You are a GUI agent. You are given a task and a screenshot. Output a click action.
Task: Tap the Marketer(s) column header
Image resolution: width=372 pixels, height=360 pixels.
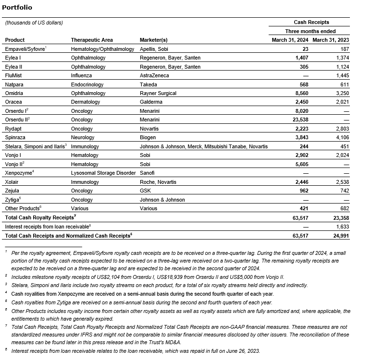[153, 40]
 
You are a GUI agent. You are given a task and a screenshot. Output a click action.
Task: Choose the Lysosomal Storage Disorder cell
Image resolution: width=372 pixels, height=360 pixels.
[103, 173]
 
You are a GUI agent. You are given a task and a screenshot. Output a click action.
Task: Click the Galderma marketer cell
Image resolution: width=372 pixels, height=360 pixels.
[151, 102]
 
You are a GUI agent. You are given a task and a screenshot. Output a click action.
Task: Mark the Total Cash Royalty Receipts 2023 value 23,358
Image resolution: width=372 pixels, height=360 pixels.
[339, 217]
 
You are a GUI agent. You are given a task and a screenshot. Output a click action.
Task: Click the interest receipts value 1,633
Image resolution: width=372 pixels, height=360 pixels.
[341, 226]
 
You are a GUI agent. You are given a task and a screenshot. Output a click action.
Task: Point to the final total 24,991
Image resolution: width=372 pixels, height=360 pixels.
[339, 235]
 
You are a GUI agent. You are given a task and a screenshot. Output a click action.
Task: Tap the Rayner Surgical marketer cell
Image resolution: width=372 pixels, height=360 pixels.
[158, 93]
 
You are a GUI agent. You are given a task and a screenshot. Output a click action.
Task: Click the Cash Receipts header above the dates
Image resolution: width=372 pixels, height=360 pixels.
[311, 23]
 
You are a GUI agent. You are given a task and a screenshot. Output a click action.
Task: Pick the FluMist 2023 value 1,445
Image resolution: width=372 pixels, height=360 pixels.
[341, 75]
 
